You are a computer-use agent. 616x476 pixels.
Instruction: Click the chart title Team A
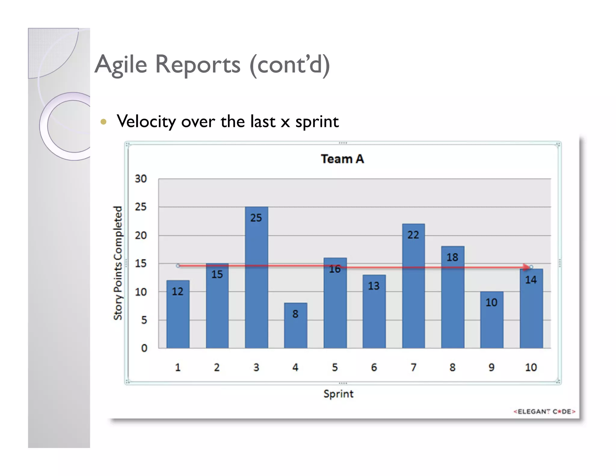342,159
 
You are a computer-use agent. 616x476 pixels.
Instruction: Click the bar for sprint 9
491,322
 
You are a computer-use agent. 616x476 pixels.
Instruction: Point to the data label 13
374,286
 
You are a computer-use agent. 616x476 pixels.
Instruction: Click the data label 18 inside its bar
452,257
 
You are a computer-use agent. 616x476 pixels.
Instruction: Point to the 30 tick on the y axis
140,179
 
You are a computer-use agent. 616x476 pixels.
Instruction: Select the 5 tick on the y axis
144,320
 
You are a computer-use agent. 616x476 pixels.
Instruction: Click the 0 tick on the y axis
144,348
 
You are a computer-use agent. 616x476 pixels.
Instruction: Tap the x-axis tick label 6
374,367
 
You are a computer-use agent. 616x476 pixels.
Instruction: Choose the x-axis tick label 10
531,367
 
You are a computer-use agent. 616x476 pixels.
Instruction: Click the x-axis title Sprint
338,394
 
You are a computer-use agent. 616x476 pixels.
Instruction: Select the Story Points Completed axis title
118,263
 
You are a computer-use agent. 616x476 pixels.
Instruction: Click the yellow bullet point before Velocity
103,122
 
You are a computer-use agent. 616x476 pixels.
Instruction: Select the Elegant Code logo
544,412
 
